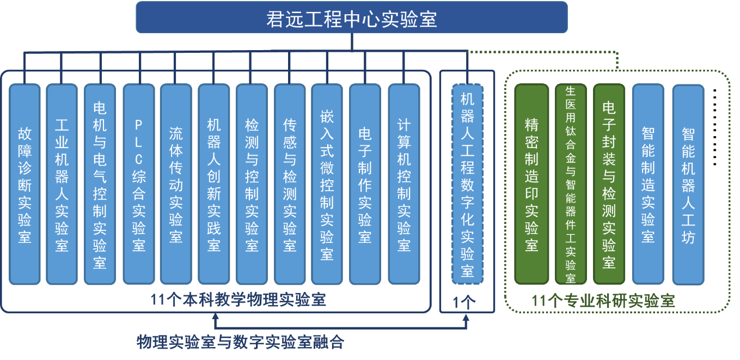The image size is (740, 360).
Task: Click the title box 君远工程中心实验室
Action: pyautogui.click(x=351, y=17)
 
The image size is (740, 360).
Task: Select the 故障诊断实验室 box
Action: pyautogui.click(x=25, y=184)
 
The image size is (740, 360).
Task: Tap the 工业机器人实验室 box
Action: pyautogui.click(x=62, y=184)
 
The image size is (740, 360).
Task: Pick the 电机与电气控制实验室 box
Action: pyautogui.click(x=100, y=184)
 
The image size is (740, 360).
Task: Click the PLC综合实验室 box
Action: pyautogui.click(x=139, y=184)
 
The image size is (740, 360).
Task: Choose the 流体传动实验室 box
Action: pyautogui.click(x=176, y=184)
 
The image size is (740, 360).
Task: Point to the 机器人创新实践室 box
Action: pyautogui.click(x=213, y=184)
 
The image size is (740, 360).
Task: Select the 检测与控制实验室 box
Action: pyautogui.click(x=252, y=184)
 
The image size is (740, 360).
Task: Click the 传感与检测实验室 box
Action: pyautogui.click(x=290, y=184)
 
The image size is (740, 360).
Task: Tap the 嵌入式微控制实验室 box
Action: pyautogui.click(x=327, y=184)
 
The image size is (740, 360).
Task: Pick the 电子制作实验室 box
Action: pyautogui.click(x=365, y=184)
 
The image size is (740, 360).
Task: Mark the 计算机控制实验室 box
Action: pyautogui.click(x=403, y=184)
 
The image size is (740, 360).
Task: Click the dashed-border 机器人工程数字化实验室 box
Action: pyautogui.click(x=467, y=184)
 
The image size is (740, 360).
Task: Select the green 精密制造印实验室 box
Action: pyautogui.click(x=531, y=184)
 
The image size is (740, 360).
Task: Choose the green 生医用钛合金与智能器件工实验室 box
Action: pyautogui.click(x=571, y=184)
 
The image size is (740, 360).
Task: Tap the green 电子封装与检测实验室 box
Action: pyautogui.click(x=609, y=184)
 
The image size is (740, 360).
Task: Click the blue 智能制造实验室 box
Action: pyautogui.click(x=648, y=184)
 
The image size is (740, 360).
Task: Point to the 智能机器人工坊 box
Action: pyautogui.click(x=688, y=184)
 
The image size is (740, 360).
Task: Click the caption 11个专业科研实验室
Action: pyautogui.click(x=603, y=300)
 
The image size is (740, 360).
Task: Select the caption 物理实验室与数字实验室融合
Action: pyautogui.click(x=240, y=341)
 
